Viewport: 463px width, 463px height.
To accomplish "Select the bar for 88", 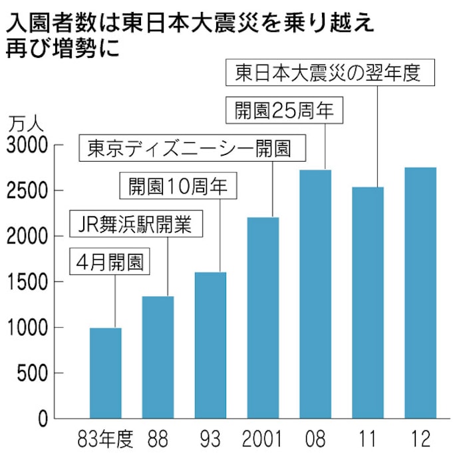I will tap(158, 357).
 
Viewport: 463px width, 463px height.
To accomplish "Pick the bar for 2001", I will tap(263, 317).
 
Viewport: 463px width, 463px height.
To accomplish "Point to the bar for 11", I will tap(368, 303).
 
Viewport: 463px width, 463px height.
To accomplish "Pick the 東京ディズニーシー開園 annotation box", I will tap(189, 148).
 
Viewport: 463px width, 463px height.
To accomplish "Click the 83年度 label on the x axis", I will tap(106, 440).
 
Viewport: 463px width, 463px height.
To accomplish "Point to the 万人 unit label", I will tap(25, 124).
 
